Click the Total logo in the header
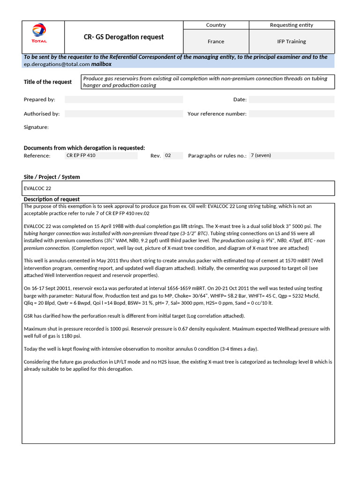(x=39, y=34)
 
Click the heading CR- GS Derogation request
(x=123, y=37)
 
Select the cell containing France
(x=216, y=42)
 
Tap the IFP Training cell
(x=292, y=42)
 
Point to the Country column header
(x=216, y=25)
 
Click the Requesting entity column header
(x=292, y=25)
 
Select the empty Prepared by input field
(x=123, y=99)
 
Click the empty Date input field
(x=291, y=99)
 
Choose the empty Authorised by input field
(x=123, y=114)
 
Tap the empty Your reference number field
(x=291, y=114)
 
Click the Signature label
(x=36, y=127)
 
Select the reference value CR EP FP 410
(x=81, y=156)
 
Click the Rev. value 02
(x=168, y=156)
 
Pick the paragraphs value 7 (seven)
(x=261, y=156)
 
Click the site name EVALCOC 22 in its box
(x=37, y=188)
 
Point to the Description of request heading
(x=52, y=199)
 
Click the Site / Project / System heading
(x=52, y=177)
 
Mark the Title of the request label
(x=48, y=82)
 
